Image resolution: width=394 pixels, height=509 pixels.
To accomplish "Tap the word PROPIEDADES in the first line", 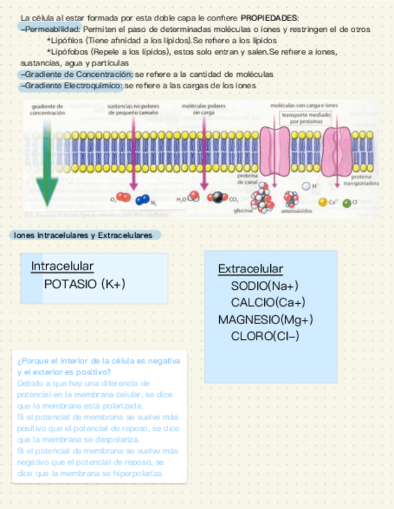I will (269, 17).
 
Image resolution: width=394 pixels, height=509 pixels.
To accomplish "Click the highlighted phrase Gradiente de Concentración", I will (76, 74).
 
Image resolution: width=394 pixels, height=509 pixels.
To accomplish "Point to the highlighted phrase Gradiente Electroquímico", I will (71, 86).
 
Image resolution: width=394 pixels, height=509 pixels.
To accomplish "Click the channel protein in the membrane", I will (274, 151).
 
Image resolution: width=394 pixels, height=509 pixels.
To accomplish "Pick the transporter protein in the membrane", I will (337, 151).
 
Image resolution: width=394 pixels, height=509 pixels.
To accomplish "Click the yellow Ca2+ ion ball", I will (323, 203).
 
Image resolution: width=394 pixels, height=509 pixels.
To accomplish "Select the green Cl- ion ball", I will (347, 203).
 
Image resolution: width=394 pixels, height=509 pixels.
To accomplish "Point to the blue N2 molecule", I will (142, 200).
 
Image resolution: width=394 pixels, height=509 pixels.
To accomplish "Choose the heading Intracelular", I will (62, 266).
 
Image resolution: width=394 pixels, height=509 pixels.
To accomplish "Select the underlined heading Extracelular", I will (250, 269).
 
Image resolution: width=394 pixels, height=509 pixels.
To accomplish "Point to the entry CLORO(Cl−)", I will (265, 336).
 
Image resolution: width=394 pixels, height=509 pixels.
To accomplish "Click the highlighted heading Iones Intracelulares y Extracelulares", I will (84, 235).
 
